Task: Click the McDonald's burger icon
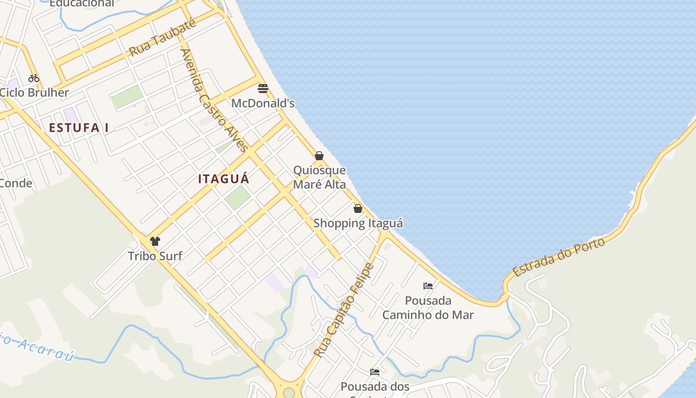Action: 263,89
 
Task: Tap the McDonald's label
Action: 263,103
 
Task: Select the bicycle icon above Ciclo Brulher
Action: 34,78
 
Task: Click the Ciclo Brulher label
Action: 34,93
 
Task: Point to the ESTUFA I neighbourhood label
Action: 79,128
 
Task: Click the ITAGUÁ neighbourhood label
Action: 224,179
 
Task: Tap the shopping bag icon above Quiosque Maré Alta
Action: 319,156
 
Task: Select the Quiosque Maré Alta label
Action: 319,177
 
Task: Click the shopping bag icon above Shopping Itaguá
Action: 358,208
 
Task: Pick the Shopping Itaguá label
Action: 358,223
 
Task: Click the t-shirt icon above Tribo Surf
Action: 155,241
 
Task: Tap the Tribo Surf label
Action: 155,256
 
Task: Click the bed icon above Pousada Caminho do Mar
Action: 428,286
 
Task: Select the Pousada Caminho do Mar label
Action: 428,307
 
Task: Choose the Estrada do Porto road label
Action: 559,257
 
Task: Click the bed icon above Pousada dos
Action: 375,372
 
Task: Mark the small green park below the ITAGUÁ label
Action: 237,198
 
